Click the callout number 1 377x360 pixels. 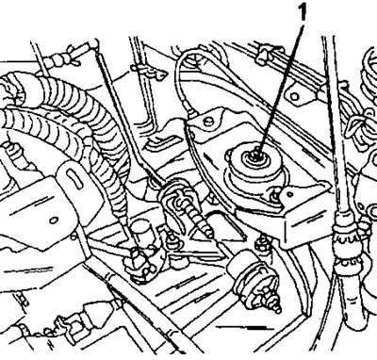(302, 11)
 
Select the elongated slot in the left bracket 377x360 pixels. (75, 178)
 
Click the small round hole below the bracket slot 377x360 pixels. (54, 220)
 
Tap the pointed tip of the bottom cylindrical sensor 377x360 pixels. (276, 308)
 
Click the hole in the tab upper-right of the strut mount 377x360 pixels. (294, 96)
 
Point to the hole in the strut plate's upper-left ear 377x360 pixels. (207, 121)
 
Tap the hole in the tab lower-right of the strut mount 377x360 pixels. (286, 195)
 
